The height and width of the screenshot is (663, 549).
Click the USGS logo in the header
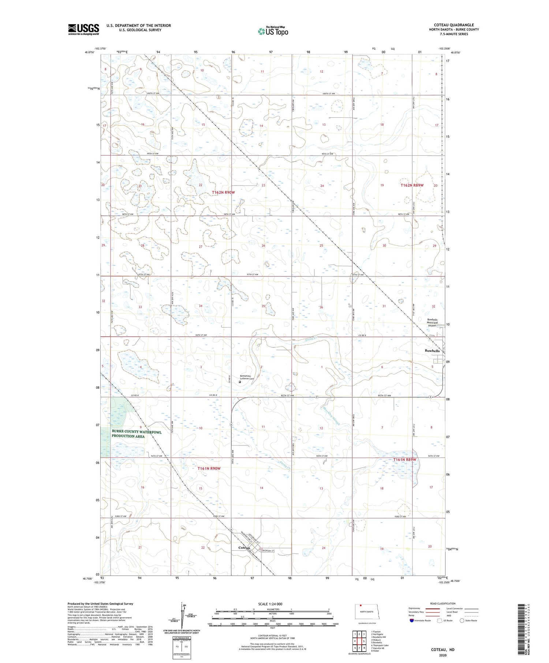(x=83, y=29)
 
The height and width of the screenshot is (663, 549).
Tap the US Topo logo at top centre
(x=273, y=31)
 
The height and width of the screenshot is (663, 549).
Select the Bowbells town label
(x=432, y=351)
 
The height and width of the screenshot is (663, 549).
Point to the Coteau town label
(x=244, y=548)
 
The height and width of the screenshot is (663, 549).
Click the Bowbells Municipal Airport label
(x=432, y=323)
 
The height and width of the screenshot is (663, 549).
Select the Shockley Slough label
(x=332, y=416)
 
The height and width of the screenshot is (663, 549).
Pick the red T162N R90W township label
(x=223, y=192)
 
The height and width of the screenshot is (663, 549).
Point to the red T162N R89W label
(x=412, y=185)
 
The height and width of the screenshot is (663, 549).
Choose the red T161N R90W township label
(x=209, y=468)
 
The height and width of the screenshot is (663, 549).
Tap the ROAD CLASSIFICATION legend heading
(x=443, y=603)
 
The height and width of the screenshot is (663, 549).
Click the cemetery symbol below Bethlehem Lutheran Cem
(x=240, y=382)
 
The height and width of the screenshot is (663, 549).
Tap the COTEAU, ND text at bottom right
(x=443, y=649)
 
